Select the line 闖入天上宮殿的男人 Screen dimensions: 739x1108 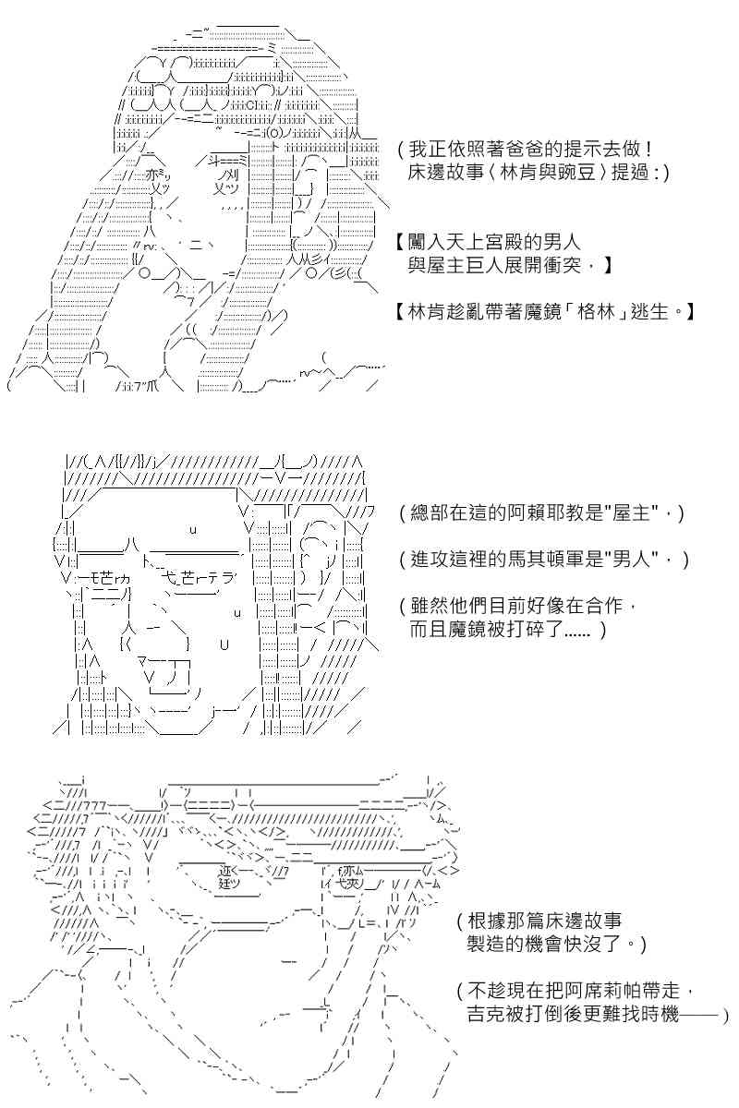[x=493, y=242]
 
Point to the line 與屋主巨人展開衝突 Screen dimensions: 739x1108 [x=493, y=266]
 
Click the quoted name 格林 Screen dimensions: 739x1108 [x=596, y=312]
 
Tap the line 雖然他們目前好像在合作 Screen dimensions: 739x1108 [x=516, y=606]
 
